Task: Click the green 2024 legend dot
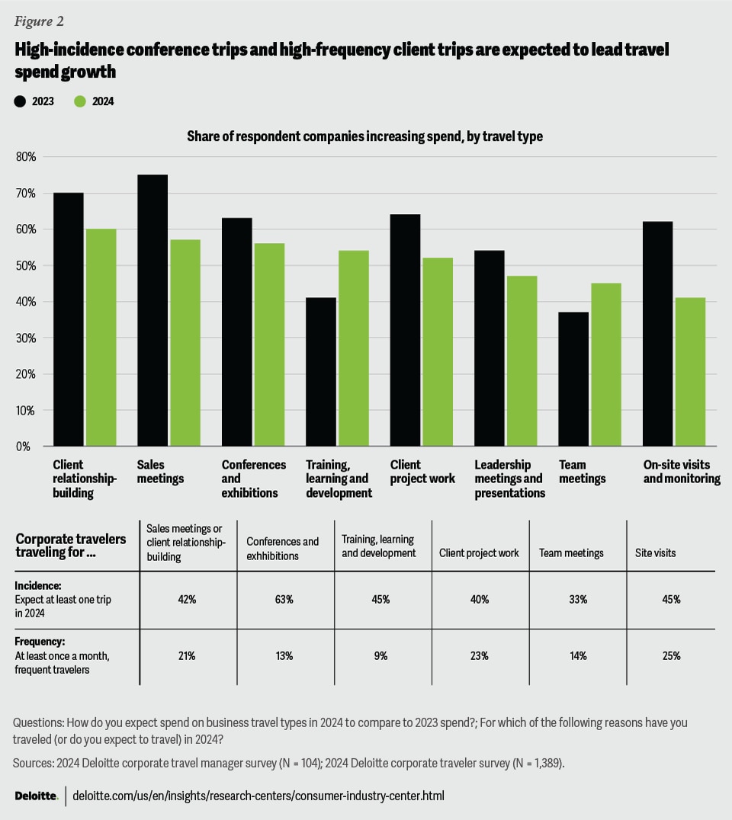81,101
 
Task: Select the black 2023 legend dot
21,101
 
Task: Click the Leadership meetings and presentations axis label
509,479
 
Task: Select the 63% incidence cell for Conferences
286,600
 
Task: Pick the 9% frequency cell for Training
382,656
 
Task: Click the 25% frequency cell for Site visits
671,656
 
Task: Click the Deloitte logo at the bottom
36,796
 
